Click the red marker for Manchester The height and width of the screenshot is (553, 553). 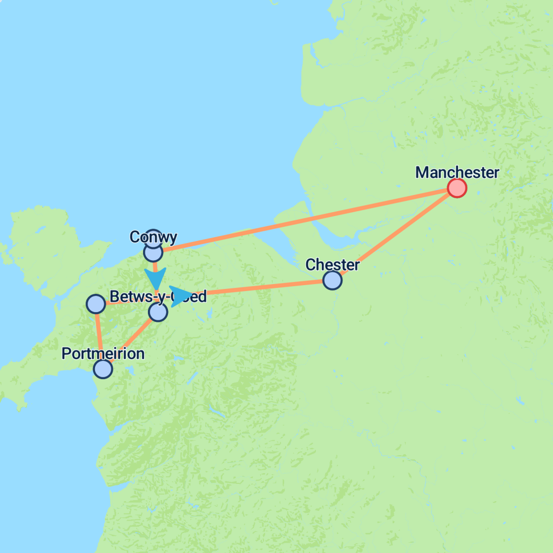[457, 188]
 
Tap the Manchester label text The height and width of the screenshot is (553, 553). [457, 173]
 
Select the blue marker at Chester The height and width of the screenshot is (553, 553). [332, 280]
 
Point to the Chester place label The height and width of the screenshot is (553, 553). [332, 265]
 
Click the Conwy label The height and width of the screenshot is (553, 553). [153, 237]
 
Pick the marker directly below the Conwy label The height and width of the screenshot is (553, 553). [153, 252]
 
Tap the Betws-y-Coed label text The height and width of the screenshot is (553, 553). [158, 296]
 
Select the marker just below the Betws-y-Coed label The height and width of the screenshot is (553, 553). [158, 312]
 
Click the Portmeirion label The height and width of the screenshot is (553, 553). [103, 354]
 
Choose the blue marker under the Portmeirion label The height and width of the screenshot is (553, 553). [103, 369]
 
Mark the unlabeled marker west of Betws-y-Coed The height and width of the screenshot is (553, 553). [96, 304]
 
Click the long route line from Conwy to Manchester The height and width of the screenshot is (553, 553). [302, 220]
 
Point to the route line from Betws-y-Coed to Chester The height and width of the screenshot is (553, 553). [265, 287]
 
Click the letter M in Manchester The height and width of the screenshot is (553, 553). [422, 173]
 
